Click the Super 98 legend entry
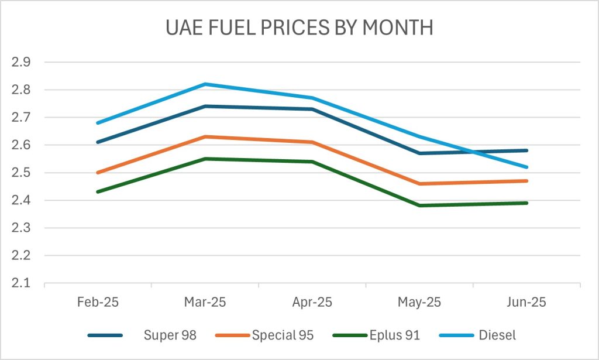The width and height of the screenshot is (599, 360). click(x=170, y=335)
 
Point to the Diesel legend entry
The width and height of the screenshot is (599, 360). click(x=497, y=335)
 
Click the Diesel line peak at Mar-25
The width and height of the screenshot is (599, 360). click(x=205, y=84)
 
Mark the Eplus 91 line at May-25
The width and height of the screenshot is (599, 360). click(x=420, y=205)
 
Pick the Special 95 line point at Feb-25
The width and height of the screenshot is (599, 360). click(x=97, y=173)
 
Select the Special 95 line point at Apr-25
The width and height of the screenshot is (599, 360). click(x=312, y=142)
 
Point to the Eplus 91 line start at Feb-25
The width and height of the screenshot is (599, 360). click(x=97, y=192)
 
